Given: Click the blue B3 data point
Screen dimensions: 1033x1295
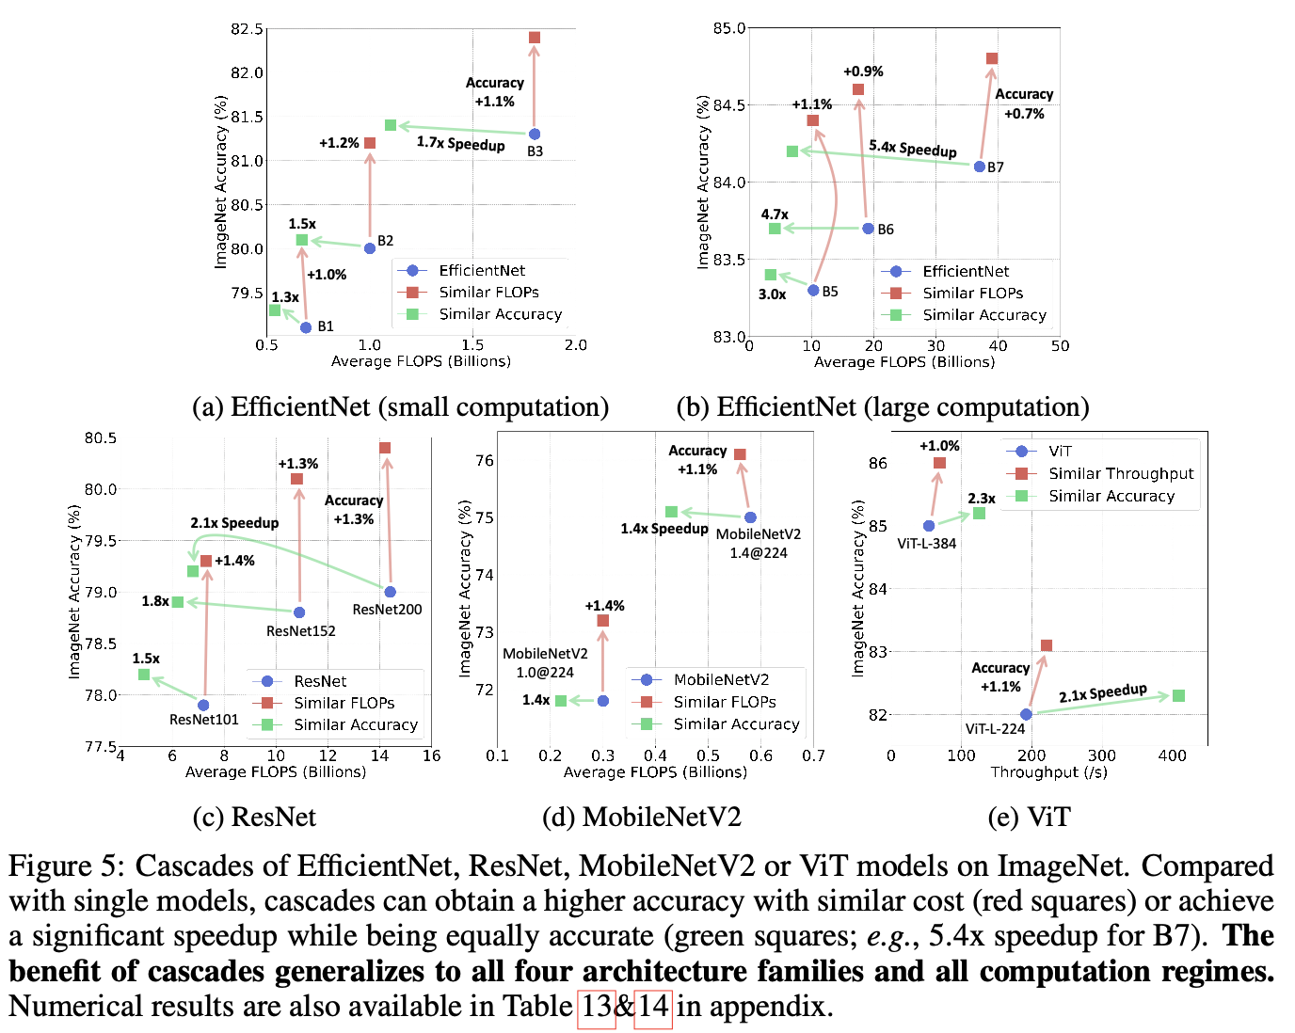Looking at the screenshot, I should click(535, 135).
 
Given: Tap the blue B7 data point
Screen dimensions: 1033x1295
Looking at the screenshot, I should click(980, 167).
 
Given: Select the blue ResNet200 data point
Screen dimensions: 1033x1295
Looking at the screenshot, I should click(391, 592).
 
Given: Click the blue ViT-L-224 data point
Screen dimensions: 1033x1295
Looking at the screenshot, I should click(1026, 714).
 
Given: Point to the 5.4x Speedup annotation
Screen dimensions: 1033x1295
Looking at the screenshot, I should click(912, 148).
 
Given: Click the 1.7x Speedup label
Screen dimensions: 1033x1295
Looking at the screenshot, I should click(460, 143).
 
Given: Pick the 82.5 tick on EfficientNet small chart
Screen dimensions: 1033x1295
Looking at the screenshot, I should click(247, 29).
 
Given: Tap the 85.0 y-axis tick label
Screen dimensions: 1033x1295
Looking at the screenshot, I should click(729, 28).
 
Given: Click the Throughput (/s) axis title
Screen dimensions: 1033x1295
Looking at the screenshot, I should click(1048, 772).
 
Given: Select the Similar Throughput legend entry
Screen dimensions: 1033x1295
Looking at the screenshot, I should click(1120, 473).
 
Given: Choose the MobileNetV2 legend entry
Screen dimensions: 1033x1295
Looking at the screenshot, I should click(721, 679).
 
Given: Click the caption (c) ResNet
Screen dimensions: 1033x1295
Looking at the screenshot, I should click(254, 817).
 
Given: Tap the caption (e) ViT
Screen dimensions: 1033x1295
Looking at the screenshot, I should click(1029, 817).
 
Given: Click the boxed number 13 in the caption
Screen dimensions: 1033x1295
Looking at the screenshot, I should click(597, 1007).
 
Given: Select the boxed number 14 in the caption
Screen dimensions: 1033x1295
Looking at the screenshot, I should click(653, 1007).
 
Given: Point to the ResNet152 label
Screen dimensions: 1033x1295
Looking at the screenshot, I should click(301, 631).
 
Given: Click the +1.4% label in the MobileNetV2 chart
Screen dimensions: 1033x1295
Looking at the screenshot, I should click(604, 606).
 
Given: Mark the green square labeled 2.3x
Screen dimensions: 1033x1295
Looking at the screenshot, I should click(979, 514).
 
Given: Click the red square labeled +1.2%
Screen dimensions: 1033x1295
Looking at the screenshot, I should click(370, 143).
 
